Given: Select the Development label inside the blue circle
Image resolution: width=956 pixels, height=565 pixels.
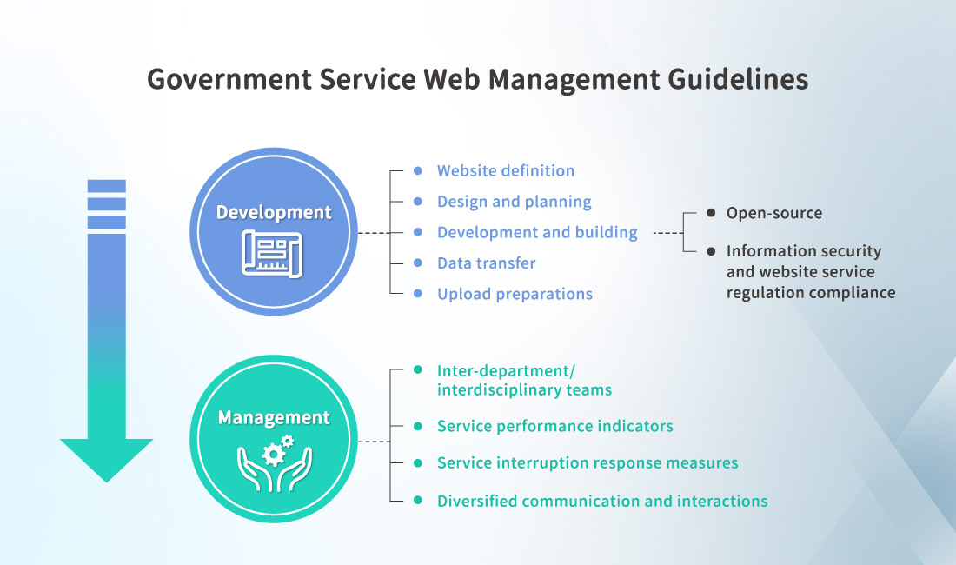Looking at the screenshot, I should [274, 212].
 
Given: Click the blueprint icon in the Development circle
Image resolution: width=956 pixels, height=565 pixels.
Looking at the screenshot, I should [273, 253].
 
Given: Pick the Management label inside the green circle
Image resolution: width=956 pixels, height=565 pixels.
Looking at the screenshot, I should [274, 417].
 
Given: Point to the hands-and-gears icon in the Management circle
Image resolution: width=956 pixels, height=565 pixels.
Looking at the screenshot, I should [274, 461].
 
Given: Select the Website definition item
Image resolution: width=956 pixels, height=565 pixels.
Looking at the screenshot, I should [505, 170].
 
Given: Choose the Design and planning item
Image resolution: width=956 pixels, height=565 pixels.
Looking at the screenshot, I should [514, 202].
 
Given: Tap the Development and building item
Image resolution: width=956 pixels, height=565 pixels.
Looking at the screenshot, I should [536, 232].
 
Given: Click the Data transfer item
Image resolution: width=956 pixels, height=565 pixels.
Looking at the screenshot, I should [486, 263].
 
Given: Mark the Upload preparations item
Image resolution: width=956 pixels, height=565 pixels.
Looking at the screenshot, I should [515, 294].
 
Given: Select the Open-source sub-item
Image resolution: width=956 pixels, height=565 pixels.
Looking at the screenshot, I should [773, 213].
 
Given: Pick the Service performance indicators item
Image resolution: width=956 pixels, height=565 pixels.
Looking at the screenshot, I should [554, 426].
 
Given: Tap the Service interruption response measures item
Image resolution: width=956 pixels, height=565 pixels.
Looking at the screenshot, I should [587, 462].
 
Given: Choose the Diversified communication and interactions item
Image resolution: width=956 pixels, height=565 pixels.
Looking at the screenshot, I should [601, 501].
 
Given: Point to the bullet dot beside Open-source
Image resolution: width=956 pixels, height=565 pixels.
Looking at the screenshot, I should [711, 213].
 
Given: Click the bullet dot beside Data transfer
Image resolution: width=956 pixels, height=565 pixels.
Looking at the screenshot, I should [418, 263].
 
